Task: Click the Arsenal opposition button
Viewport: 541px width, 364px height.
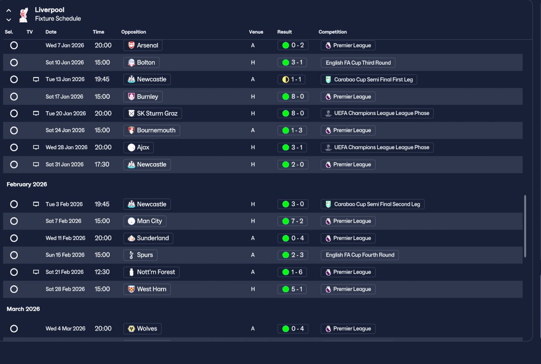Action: [143, 45]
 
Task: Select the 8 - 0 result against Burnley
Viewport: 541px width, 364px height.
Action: [293, 97]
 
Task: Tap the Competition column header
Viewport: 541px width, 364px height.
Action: [332, 32]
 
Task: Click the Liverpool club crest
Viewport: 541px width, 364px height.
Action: [24, 15]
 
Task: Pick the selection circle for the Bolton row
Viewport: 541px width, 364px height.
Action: [14, 63]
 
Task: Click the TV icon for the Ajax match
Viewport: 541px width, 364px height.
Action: [36, 148]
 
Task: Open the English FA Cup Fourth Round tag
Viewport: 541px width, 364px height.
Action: [360, 255]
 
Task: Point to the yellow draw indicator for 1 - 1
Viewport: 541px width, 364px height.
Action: [285, 79]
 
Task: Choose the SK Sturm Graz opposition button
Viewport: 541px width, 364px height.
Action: [153, 114]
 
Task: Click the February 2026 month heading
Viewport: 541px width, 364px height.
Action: [27, 184]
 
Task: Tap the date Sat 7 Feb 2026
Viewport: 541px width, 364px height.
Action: [63, 221]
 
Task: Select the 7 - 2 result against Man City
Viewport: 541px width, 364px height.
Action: [292, 221]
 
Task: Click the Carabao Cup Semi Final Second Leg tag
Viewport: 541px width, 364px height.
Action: [372, 204]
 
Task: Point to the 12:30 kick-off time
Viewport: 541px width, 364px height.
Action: [102, 272]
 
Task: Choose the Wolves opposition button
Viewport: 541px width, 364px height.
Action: [142, 329]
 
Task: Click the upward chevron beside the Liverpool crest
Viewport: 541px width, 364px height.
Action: [9, 11]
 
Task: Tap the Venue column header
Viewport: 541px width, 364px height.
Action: [256, 32]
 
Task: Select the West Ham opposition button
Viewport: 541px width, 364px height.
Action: [147, 289]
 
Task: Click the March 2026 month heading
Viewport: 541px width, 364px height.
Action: [23, 309]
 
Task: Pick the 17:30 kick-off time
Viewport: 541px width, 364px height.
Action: [102, 164]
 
